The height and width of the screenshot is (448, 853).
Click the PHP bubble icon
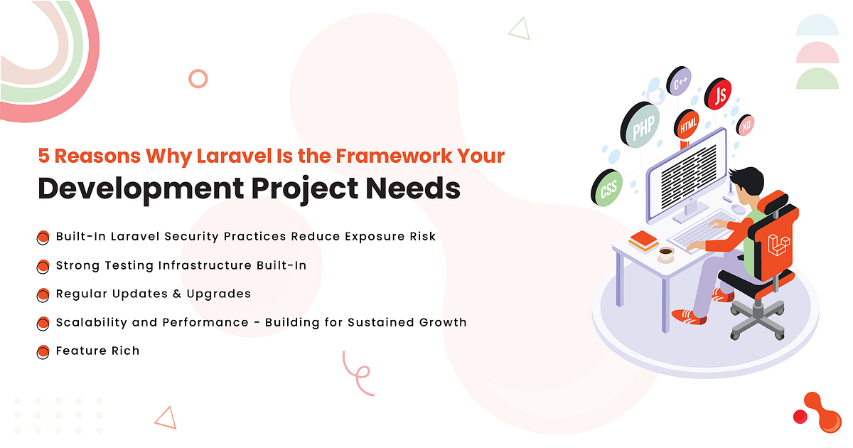[x=643, y=126]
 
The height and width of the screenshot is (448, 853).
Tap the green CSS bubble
[x=608, y=188]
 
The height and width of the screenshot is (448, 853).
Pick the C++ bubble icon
[x=680, y=82]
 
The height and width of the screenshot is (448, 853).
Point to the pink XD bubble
[x=746, y=126]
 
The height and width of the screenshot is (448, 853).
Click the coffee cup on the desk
[x=665, y=253]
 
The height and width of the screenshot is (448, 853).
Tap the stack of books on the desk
[x=643, y=241]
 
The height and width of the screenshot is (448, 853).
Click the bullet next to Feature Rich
[x=43, y=351]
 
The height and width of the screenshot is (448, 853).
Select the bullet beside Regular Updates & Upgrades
[x=43, y=294]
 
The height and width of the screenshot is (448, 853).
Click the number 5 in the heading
[x=42, y=156]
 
